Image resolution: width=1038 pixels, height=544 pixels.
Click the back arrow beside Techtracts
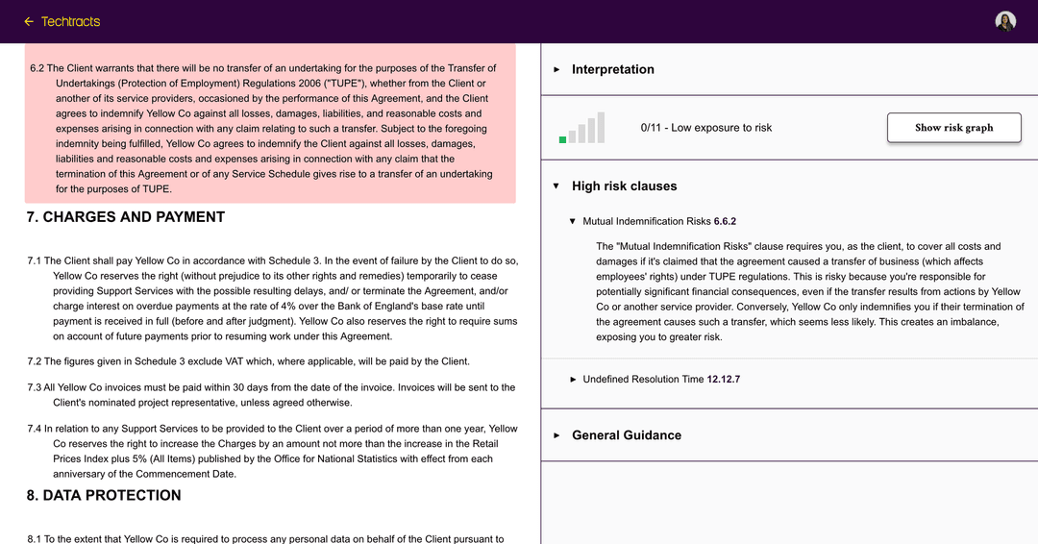point(29,21)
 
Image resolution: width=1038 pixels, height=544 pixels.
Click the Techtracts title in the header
point(70,21)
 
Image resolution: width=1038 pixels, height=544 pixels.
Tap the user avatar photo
point(1005,21)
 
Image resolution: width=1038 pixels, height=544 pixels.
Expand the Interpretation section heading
point(613,69)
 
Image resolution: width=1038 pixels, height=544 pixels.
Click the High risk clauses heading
point(624,186)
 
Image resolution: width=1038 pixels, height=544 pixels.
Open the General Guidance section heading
point(626,435)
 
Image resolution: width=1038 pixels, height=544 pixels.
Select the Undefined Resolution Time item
point(643,380)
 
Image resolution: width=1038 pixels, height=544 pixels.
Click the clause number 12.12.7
point(724,380)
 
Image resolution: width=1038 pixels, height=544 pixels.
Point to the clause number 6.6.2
point(725,222)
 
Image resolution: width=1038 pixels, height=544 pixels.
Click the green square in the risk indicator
point(562,140)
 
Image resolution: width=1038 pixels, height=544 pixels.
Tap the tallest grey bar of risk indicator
point(601,128)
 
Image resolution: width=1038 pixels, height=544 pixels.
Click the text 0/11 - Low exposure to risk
point(706,128)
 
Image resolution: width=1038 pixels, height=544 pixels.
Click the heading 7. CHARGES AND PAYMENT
point(126,217)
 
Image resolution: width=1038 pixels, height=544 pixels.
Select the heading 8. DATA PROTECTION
point(104,496)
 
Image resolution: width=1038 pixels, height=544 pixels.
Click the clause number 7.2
point(35,361)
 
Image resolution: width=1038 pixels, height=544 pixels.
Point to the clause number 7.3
point(35,387)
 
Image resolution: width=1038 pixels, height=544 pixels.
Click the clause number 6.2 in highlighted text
point(37,68)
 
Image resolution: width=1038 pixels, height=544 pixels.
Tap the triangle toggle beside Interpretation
point(556,69)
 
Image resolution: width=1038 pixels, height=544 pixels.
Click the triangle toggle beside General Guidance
point(556,435)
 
